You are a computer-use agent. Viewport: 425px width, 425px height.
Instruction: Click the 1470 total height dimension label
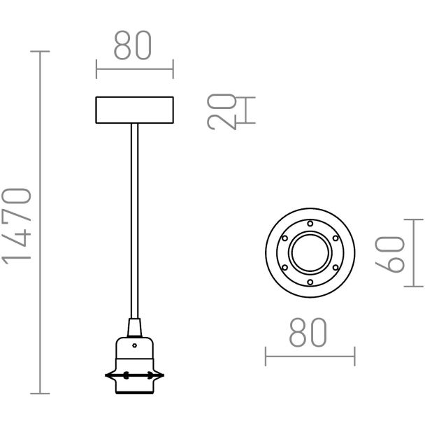coord(16,226)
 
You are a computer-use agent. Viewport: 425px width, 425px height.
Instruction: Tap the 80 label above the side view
coord(133,45)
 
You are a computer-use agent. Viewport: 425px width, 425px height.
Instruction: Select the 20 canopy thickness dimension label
coord(222,112)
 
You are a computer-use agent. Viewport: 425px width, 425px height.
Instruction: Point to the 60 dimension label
coord(389,254)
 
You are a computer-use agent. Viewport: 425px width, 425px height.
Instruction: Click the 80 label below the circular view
coord(308,332)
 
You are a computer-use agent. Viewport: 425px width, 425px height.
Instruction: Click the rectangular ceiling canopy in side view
coord(134,110)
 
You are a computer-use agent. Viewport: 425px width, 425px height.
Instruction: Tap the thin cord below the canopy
coord(134,221)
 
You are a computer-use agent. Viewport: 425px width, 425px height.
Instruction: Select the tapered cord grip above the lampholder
coord(134,328)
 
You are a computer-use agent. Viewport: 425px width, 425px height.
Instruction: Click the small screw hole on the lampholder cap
coord(134,345)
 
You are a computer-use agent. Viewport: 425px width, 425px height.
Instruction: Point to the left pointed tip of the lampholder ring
coord(106,375)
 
